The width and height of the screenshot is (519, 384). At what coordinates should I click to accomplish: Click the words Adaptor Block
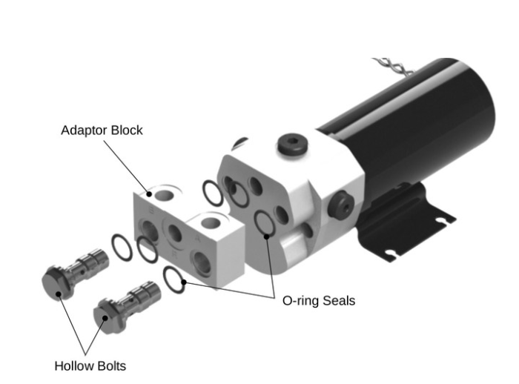point(102,130)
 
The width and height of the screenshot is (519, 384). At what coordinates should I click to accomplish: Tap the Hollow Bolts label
point(90,365)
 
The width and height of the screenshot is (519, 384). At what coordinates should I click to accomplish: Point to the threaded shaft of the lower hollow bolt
point(140,297)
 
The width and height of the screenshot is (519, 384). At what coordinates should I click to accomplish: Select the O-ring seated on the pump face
point(264,223)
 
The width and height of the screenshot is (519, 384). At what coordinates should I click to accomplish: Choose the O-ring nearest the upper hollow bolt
point(121,248)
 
